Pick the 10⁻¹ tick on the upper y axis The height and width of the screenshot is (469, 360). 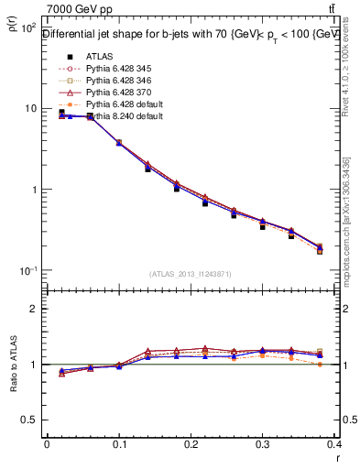(28, 271)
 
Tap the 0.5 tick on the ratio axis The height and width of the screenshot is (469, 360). (30, 420)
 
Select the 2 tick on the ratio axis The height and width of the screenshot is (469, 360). (34, 309)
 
